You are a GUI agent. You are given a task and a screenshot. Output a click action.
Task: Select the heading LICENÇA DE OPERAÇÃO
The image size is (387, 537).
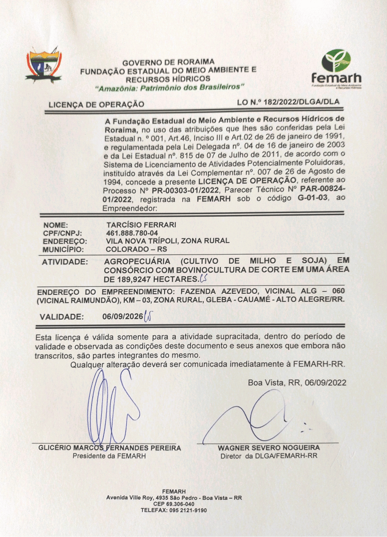pos(96,104)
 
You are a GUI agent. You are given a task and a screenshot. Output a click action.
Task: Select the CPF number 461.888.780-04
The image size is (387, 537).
pos(132,233)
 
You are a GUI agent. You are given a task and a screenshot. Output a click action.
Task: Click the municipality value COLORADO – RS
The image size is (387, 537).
pos(133,248)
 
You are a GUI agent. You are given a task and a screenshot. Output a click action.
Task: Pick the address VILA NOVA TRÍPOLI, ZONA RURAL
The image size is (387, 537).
pos(168,241)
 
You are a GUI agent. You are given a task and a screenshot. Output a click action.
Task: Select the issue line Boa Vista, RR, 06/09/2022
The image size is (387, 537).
pos(297,383)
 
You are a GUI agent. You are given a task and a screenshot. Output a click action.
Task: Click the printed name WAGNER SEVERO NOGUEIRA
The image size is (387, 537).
pos(268,448)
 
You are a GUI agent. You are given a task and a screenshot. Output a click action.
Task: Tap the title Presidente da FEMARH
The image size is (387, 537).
pos(109,456)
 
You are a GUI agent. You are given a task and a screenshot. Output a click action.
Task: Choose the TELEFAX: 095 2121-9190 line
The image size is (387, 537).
pos(174,510)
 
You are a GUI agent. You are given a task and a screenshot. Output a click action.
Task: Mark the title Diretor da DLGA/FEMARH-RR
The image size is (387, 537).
pos(268,456)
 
